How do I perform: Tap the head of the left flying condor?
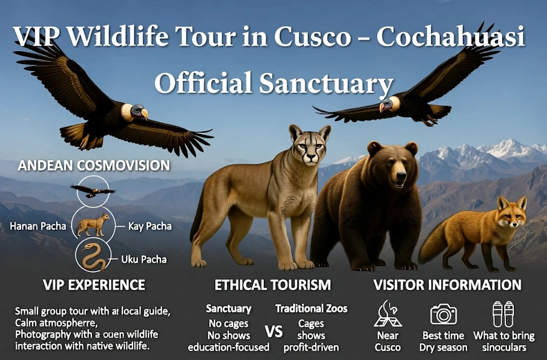click(139, 111)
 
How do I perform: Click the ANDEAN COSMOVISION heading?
click(94, 166)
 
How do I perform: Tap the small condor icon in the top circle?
click(92, 191)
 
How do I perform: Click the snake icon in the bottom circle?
click(92, 255)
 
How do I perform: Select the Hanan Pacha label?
click(37, 225)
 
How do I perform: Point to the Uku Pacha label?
click(144, 258)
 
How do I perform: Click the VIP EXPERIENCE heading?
click(94, 285)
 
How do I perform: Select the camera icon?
click(443, 313)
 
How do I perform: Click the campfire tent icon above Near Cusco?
click(388, 313)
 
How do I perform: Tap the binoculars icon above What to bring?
click(503, 313)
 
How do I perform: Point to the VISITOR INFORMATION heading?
click(447, 285)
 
